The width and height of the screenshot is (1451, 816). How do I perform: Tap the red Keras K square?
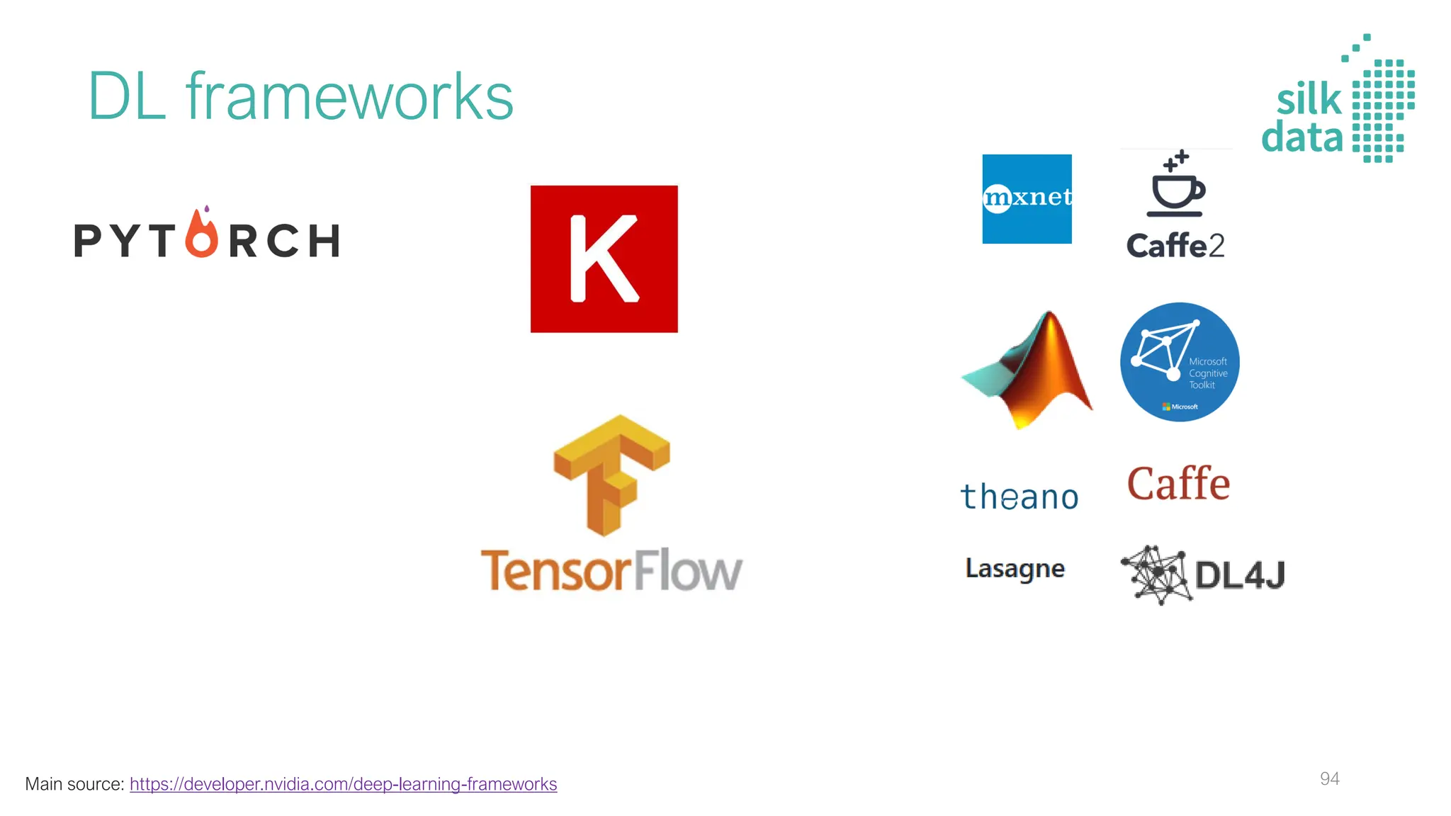(x=604, y=259)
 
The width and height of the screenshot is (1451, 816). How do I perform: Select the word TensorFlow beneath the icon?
(x=611, y=570)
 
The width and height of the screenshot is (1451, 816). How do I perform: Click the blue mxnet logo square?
(x=1027, y=199)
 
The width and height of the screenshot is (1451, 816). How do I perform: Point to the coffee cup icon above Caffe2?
(x=1176, y=186)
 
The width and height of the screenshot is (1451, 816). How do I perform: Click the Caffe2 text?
(x=1175, y=246)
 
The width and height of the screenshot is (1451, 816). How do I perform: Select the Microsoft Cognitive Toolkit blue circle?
(x=1180, y=362)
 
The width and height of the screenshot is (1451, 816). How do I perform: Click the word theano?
(x=1019, y=497)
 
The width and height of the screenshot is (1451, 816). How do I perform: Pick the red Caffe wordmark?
(x=1178, y=484)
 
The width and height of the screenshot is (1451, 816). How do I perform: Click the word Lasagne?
(x=1015, y=569)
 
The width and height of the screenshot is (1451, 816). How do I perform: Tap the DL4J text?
(x=1240, y=574)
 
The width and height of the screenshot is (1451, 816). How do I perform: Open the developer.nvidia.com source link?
(x=343, y=784)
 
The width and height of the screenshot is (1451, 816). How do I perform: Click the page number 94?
(x=1329, y=779)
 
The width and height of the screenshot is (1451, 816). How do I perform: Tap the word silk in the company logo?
(x=1309, y=99)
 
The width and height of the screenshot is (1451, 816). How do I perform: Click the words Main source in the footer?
(x=74, y=784)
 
